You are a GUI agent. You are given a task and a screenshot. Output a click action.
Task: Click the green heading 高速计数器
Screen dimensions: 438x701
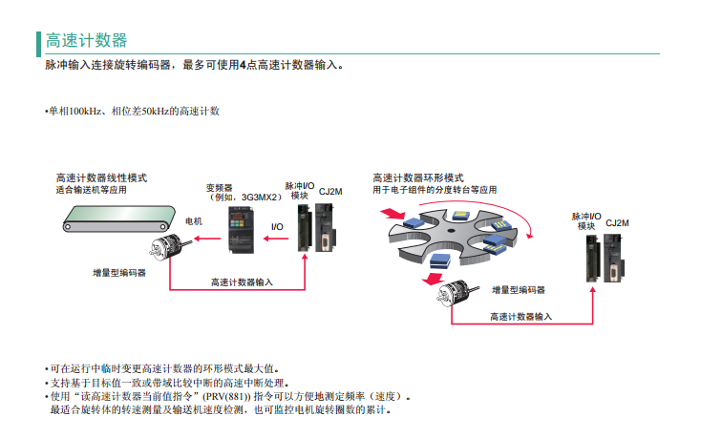pyautogui.click(x=86, y=40)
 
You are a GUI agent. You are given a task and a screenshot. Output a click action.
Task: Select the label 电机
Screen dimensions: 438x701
pyautogui.click(x=193, y=221)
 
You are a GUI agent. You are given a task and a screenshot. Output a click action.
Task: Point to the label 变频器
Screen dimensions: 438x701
pyautogui.click(x=219, y=188)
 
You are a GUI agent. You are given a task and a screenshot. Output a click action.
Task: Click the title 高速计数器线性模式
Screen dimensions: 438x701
pyautogui.click(x=101, y=178)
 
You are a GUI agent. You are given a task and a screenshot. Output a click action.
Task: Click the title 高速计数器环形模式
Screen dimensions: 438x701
pyautogui.click(x=417, y=178)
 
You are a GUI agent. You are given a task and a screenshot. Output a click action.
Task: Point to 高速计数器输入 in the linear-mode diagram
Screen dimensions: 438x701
pyautogui.click(x=242, y=282)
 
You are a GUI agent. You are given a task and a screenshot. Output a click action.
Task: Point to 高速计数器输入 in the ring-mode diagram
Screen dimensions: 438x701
pyautogui.click(x=520, y=317)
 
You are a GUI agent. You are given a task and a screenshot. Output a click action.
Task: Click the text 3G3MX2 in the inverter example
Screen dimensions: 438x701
pyautogui.click(x=260, y=198)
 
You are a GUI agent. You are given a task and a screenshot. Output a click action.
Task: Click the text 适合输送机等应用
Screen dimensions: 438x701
pyautogui.click(x=91, y=190)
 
